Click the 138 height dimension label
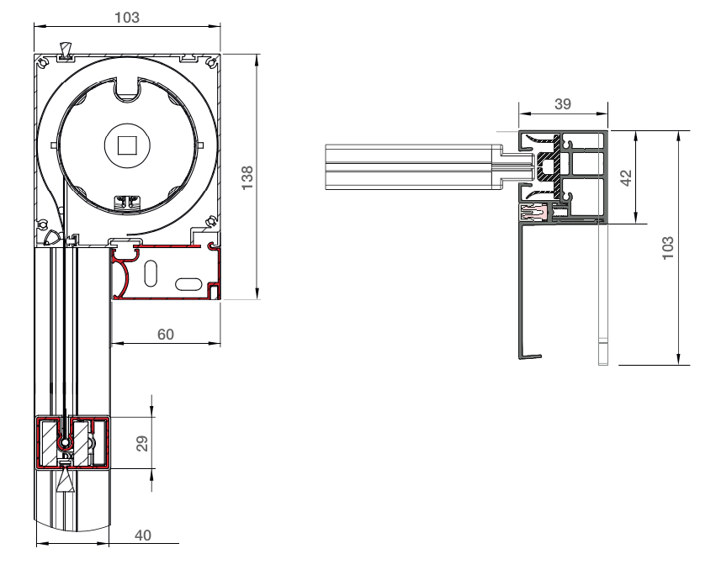pyautogui.click(x=247, y=177)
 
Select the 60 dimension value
pyautogui.click(x=165, y=335)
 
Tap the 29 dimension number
pyautogui.click(x=142, y=443)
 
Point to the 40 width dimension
pyautogui.click(x=143, y=535)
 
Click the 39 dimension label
pyautogui.click(x=563, y=104)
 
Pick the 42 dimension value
pyautogui.click(x=627, y=177)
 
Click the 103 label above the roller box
pyautogui.click(x=127, y=18)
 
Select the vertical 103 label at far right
pyautogui.click(x=668, y=248)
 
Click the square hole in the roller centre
pyautogui.click(x=127, y=146)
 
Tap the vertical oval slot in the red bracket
pyautogui.click(x=151, y=273)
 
